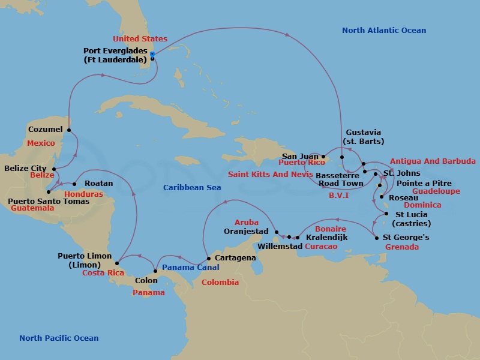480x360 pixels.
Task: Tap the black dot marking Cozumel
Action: tap(69, 130)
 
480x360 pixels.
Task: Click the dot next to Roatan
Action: tap(74, 184)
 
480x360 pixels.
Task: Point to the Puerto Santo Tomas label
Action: tap(48, 201)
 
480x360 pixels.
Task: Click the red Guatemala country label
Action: tap(32, 208)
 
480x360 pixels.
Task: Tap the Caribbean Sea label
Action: tap(192, 188)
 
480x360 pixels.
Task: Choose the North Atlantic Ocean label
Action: tap(384, 31)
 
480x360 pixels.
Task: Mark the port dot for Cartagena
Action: tap(208, 259)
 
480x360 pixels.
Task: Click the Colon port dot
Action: tap(155, 272)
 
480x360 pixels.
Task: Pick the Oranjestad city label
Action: tap(246, 231)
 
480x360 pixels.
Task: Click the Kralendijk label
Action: tap(327, 238)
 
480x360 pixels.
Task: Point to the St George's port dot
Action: tap(376, 238)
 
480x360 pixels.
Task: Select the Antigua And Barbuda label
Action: tap(433, 161)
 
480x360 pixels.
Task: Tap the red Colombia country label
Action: tap(220, 282)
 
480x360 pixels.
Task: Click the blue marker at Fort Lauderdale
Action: tap(152, 54)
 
